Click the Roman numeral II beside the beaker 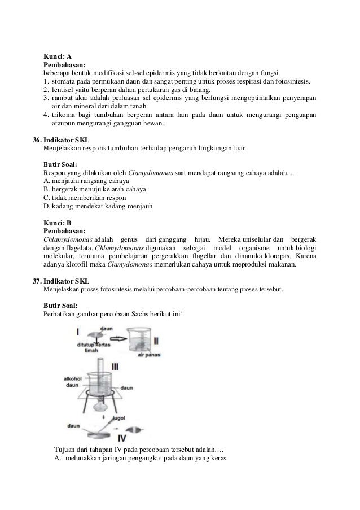pyautogui.click(x=156, y=341)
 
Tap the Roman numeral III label pyautogui.click(x=115, y=367)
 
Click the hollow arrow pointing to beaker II pyautogui.click(x=117, y=339)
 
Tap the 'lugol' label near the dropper pyautogui.click(x=119, y=419)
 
